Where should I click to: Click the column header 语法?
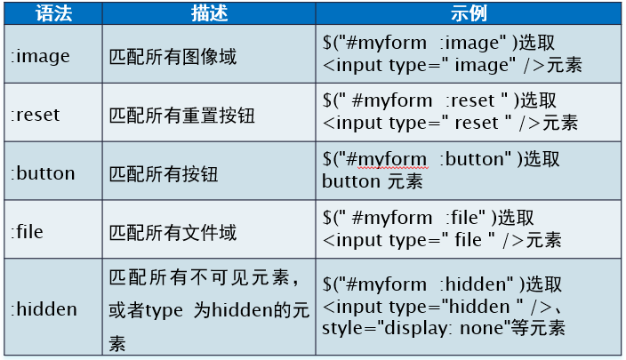pyautogui.click(x=53, y=13)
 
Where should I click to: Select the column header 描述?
pyautogui.click(x=209, y=13)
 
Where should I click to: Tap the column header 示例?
pyautogui.click(x=469, y=13)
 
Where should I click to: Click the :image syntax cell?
pyautogui.click(x=40, y=56)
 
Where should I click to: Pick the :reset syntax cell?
pyautogui.click(x=36, y=115)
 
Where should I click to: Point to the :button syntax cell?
pyautogui.click(x=43, y=173)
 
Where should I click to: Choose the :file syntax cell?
pyautogui.click(x=27, y=231)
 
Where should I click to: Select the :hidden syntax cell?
pyautogui.click(x=44, y=309)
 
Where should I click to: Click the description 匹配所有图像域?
pyautogui.click(x=173, y=57)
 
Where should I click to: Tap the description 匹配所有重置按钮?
pyautogui.click(x=182, y=116)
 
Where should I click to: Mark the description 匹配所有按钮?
pyautogui.click(x=164, y=174)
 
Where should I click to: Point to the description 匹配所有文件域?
pyautogui.click(x=173, y=232)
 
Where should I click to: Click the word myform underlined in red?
pyautogui.click(x=392, y=160)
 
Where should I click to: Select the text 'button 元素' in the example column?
pyautogui.click(x=372, y=181)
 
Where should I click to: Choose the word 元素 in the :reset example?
pyautogui.click(x=560, y=123)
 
